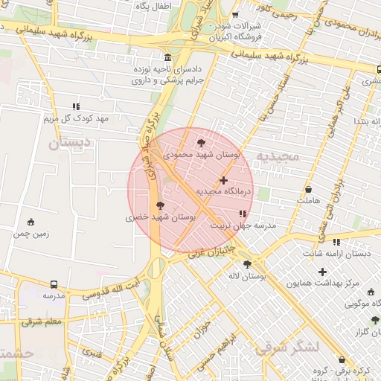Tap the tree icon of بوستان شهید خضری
[x=160, y=205]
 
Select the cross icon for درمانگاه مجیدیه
[x=223, y=180]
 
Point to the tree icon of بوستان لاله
[x=247, y=264]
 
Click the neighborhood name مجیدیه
[x=278, y=157]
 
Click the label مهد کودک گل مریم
[x=75, y=119]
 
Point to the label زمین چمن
[x=31, y=234]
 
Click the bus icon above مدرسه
[x=54, y=284]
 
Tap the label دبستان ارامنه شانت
[x=336, y=254]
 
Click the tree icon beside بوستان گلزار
[x=375, y=320]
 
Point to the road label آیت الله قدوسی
[x=110, y=289]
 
